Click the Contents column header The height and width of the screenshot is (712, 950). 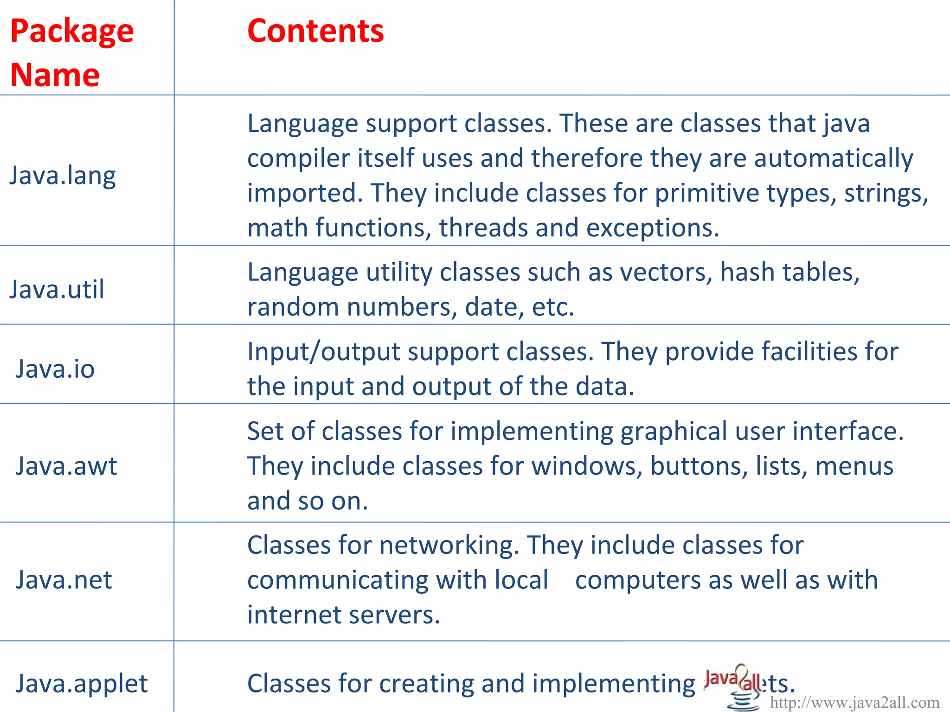tap(315, 32)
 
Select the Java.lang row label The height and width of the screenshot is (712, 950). tap(63, 176)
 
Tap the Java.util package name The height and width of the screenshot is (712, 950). tap(57, 289)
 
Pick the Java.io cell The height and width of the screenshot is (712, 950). tap(55, 369)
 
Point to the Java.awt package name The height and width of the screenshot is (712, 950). tap(66, 466)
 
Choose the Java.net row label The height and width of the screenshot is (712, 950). tap(64, 580)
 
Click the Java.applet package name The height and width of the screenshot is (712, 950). tap(82, 683)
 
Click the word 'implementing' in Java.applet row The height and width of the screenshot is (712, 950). tap(614, 683)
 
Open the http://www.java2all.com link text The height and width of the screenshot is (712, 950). tap(854, 702)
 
